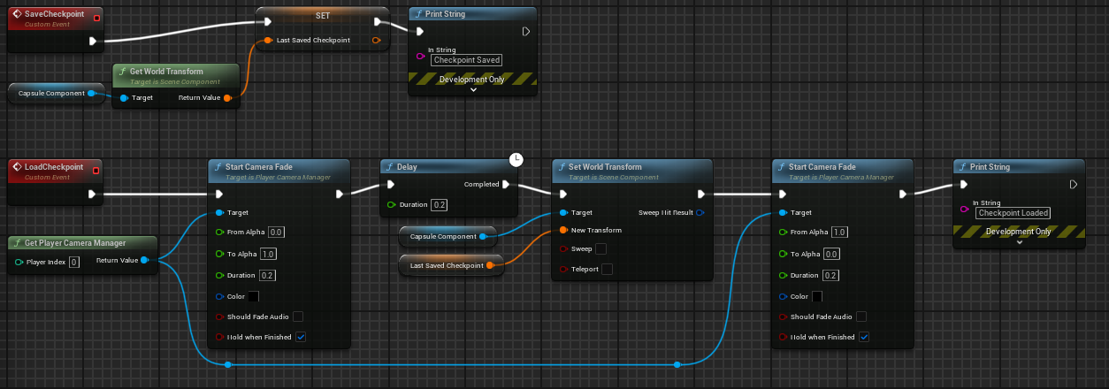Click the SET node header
[322, 17]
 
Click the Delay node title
[408, 167]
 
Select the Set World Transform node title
[605, 167]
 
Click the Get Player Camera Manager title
[75, 242]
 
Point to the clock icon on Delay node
[516, 159]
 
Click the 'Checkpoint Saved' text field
[466, 60]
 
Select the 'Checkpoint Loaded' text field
[1013, 213]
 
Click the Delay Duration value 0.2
[439, 205]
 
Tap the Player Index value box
[73, 262]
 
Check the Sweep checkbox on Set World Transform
[601, 248]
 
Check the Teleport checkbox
[607, 269]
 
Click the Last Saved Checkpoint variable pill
[447, 265]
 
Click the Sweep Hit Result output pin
[700, 212]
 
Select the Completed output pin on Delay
[506, 185]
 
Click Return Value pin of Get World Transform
[227, 97]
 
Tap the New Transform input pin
[562, 230]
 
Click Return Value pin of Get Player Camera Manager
[144, 260]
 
